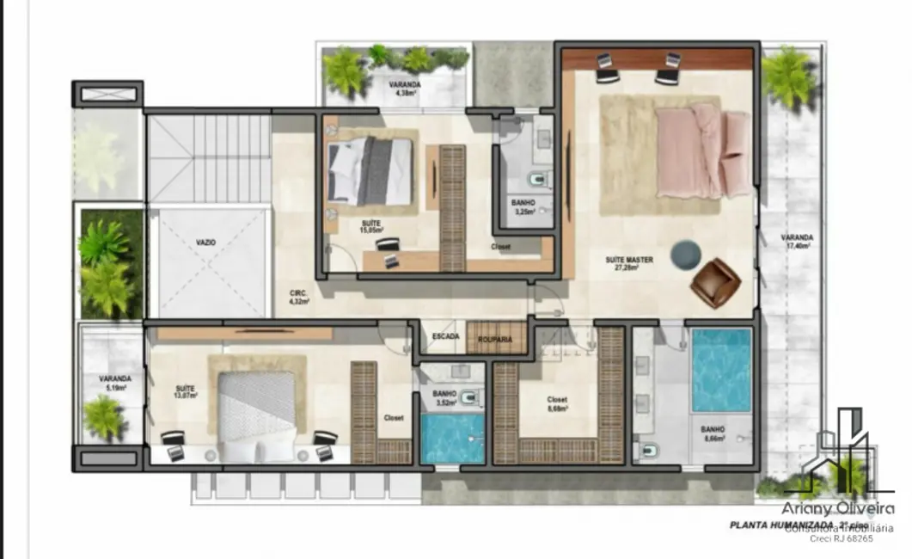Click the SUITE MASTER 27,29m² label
coord(629,262)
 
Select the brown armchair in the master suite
coord(714,283)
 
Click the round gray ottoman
coord(685,255)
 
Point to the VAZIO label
coord(205,243)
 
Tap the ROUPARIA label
coord(495,340)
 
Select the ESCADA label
coord(445,336)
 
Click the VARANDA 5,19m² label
coord(114,383)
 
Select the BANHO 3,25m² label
coord(523,206)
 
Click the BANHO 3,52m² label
coord(444,397)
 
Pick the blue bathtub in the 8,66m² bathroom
coord(720,370)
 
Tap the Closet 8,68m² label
coord(557,404)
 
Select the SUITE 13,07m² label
coord(186,391)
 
